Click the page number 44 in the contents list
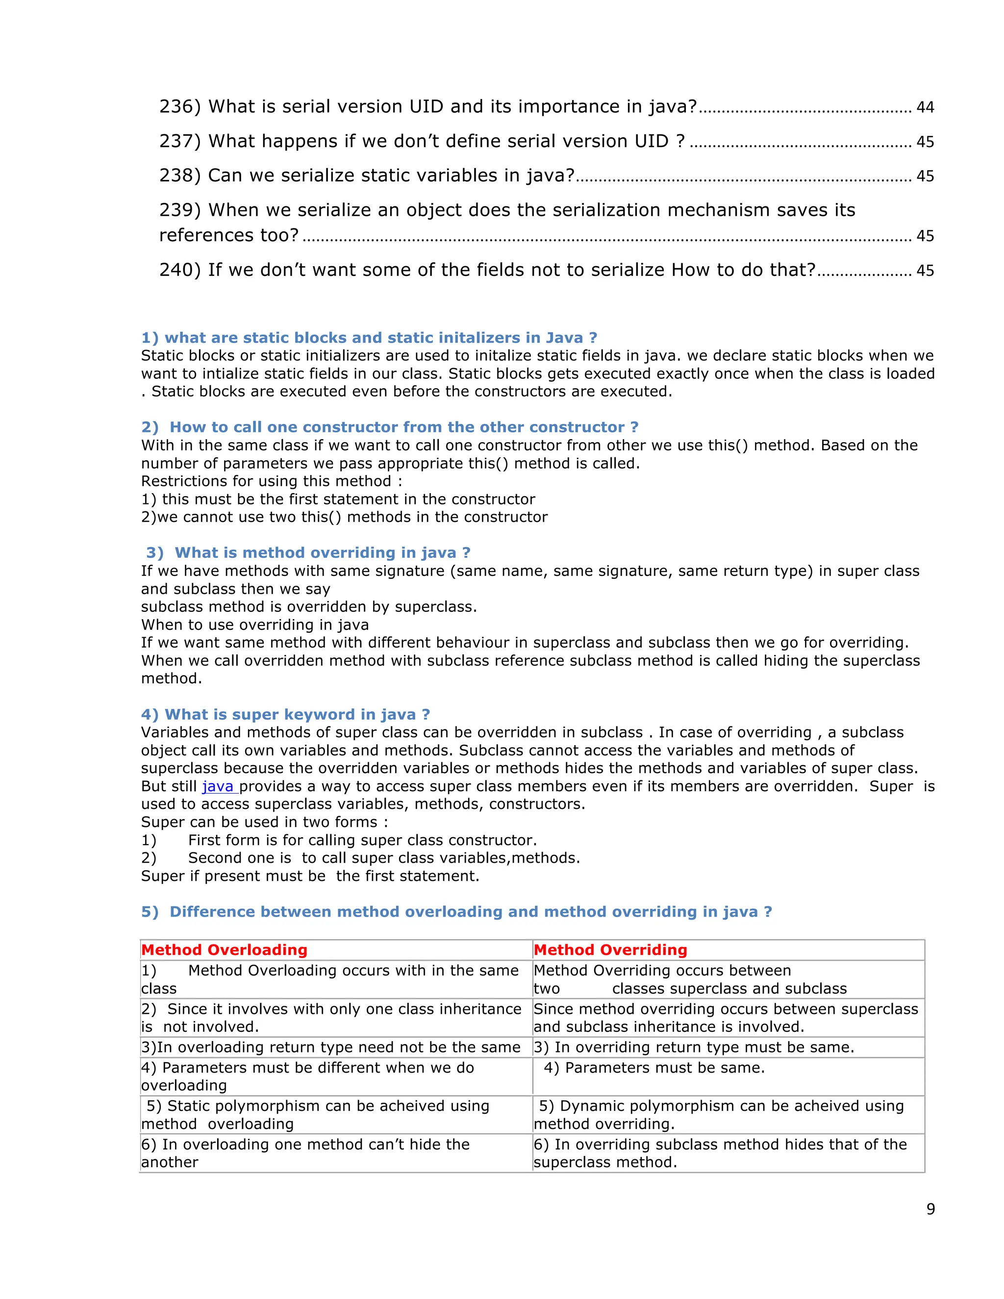coord(925,108)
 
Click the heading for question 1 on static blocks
coord(369,338)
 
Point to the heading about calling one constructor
coord(390,427)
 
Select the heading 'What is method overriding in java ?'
coord(308,552)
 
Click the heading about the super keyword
coord(285,714)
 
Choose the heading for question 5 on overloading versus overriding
coord(456,912)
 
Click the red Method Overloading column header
coord(224,950)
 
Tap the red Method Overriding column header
coord(610,950)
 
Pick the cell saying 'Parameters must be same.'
coord(654,1068)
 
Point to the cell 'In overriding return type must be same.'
coord(694,1047)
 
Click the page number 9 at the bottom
coord(930,1209)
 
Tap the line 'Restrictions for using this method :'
coord(271,481)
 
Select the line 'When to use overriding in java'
coord(254,625)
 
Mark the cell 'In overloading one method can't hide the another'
coord(305,1153)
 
